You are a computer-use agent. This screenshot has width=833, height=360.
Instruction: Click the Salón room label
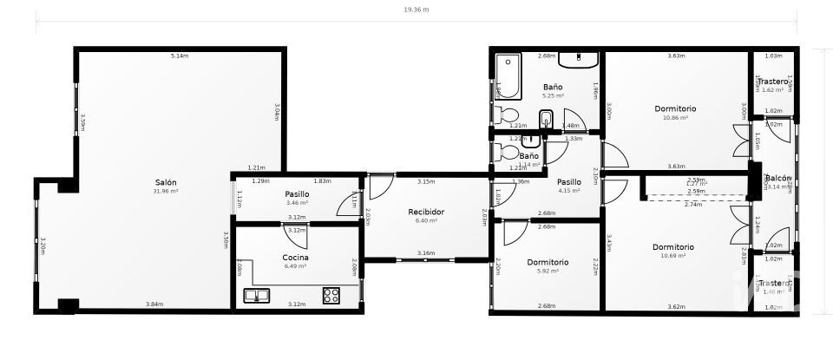pos(166,182)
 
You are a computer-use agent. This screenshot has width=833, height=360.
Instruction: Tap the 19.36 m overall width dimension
pos(416,10)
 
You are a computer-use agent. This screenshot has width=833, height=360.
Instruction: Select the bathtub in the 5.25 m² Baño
pos(507,77)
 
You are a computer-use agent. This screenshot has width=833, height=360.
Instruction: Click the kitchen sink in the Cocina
pos(256,296)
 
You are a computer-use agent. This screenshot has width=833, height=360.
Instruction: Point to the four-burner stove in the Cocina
pos(331,295)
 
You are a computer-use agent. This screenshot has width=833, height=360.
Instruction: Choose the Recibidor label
pos(426,212)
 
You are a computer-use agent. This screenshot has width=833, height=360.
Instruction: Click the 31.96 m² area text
pos(166,192)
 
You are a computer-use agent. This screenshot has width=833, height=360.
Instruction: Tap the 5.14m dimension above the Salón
pos(180,56)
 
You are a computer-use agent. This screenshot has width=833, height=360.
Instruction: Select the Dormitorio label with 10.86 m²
pos(675,108)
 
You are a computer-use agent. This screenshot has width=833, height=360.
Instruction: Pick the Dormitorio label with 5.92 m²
pos(548,262)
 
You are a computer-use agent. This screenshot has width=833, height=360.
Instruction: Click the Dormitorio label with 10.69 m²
pos(673,247)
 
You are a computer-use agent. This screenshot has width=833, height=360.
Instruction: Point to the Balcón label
pos(777,178)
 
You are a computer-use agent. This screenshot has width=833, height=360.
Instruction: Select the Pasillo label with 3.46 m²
pos(297,193)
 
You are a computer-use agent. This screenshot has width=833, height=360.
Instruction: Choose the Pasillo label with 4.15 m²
pos(569,182)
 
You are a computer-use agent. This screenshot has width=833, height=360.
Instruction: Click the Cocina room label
pos(296,258)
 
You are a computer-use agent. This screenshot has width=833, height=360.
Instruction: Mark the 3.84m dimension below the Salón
pos(154,304)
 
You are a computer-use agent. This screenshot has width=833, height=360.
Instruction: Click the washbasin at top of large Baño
pos(578,60)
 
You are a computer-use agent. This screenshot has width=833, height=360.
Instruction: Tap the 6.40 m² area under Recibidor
pos(426,221)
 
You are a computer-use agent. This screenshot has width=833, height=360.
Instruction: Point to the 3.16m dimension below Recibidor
pos(426,253)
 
